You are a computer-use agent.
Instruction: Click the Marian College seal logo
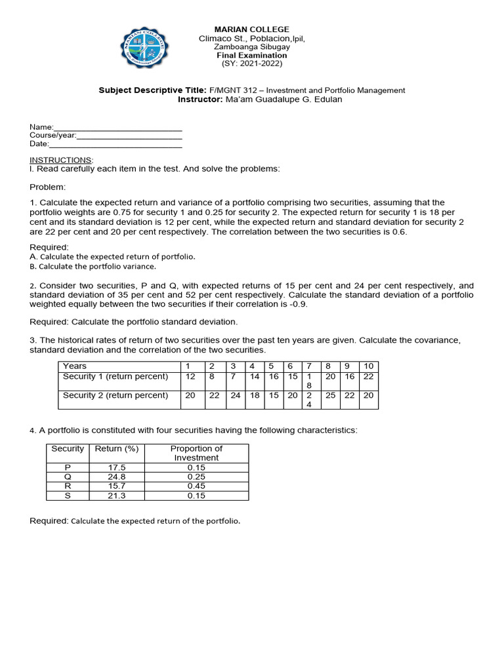click(x=148, y=49)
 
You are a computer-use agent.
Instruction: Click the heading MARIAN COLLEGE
click(x=252, y=29)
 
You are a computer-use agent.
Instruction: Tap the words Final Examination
click(x=252, y=56)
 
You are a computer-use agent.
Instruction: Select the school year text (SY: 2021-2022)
click(x=252, y=64)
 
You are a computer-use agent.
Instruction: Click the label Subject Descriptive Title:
click(x=152, y=90)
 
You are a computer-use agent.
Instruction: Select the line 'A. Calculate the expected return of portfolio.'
click(x=112, y=257)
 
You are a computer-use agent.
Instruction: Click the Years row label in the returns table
click(x=75, y=366)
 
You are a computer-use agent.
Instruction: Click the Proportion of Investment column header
click(x=196, y=453)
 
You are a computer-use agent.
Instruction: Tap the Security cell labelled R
click(x=67, y=486)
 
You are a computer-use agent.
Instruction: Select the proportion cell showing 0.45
click(x=196, y=486)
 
